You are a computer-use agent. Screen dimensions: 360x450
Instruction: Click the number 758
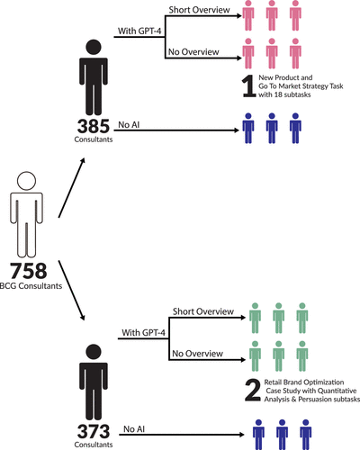[29, 271]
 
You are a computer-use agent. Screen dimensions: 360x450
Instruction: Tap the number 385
[94, 126]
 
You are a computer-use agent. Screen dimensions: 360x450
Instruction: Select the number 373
[94, 431]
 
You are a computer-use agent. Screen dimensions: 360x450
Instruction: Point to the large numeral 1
[249, 86]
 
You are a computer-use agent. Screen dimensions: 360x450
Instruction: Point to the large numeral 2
[253, 390]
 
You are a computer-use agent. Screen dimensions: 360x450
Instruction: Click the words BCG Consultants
[31, 286]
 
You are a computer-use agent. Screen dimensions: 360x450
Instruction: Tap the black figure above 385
[94, 77]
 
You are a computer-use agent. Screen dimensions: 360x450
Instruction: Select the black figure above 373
[94, 382]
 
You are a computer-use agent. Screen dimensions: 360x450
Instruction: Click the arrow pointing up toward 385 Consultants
[71, 187]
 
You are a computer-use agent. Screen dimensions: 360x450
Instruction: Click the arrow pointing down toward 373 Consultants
[71, 291]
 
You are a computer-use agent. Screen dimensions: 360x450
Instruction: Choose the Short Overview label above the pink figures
[199, 10]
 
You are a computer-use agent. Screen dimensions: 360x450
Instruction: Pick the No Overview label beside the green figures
[197, 354]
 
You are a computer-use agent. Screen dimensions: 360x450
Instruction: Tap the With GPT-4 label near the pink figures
[139, 31]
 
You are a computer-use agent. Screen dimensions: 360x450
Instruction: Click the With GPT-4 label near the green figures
[143, 333]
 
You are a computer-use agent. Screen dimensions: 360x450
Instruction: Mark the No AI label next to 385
[129, 124]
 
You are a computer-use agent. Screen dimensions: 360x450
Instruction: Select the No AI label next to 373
[134, 429]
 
